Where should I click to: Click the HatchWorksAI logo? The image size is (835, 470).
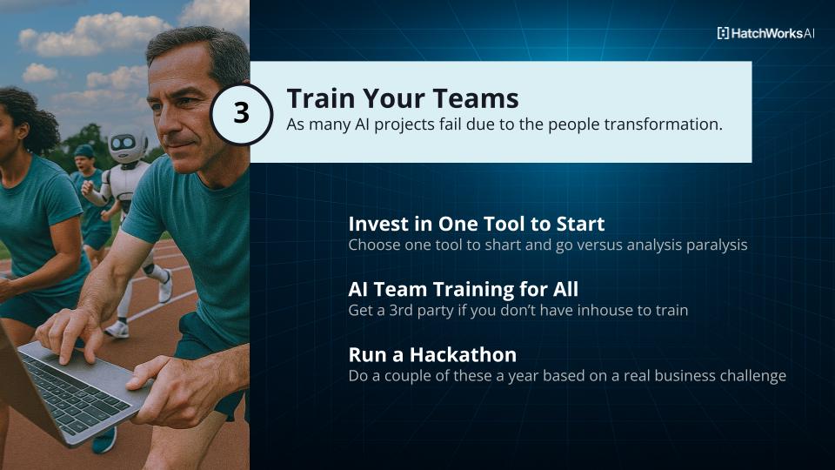(x=765, y=33)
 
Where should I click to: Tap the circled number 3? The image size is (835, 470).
(x=241, y=113)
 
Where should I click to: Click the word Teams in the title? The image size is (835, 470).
(x=476, y=98)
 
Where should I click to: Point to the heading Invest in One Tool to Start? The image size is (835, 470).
(x=477, y=224)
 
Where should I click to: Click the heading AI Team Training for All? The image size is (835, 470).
(x=464, y=289)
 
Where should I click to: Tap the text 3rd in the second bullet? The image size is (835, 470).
(x=401, y=310)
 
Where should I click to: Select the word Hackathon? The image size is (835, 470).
(x=463, y=355)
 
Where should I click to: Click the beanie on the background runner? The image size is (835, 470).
(x=83, y=151)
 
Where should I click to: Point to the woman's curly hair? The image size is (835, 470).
(x=30, y=118)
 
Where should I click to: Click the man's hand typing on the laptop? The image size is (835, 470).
(x=70, y=333)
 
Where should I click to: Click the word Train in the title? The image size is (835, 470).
(x=322, y=98)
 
